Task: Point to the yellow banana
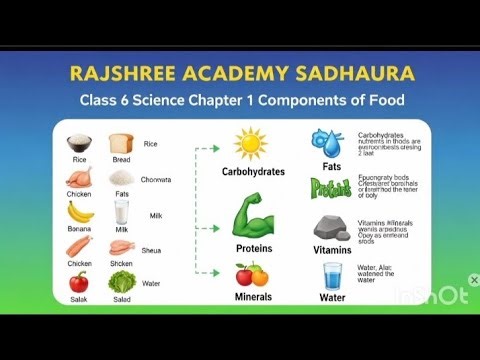(x=80, y=212)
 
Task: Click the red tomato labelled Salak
(x=80, y=281)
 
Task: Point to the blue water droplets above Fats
(x=331, y=141)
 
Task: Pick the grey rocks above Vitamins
(x=331, y=227)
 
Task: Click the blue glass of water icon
(x=331, y=275)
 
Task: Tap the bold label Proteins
(x=253, y=247)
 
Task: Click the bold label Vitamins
(x=332, y=249)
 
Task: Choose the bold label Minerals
(x=253, y=297)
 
